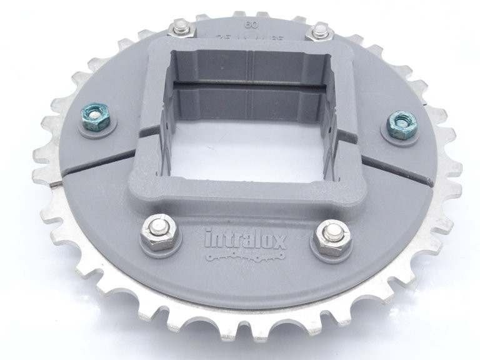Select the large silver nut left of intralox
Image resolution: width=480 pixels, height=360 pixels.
tap(159, 232)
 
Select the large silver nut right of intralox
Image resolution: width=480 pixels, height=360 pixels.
tap(330, 237)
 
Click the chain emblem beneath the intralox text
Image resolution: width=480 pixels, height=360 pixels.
tap(246, 256)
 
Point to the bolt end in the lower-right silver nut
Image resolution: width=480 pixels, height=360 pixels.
tap(330, 234)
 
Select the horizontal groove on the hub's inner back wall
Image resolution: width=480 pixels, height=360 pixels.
tap(250, 85)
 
